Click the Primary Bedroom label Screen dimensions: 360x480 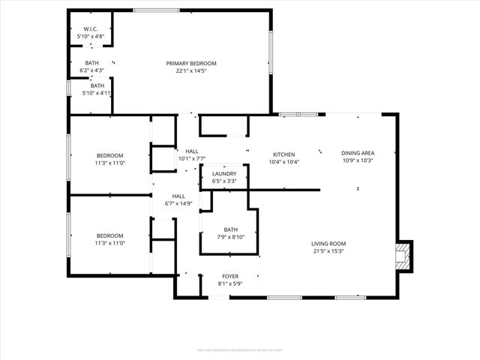(x=191, y=63)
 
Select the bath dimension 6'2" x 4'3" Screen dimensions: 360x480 (x=91, y=70)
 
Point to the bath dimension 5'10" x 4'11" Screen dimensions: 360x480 (x=95, y=93)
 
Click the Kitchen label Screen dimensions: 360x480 (x=283, y=153)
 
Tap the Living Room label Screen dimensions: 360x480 (x=329, y=243)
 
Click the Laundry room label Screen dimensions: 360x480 (x=224, y=173)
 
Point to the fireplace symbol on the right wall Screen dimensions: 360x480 (x=403, y=256)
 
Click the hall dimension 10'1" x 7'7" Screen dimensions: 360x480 (x=191, y=158)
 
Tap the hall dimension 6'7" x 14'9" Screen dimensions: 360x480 (x=178, y=203)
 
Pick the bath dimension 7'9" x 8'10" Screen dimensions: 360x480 (x=230, y=237)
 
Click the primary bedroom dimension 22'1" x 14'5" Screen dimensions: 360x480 (x=191, y=71)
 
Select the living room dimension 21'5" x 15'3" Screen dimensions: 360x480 (x=329, y=251)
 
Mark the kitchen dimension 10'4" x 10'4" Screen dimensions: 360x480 (x=283, y=161)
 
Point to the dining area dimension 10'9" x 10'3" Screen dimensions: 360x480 (x=357, y=160)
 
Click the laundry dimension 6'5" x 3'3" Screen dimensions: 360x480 (x=224, y=181)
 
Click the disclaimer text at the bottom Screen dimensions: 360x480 (x=239, y=349)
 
